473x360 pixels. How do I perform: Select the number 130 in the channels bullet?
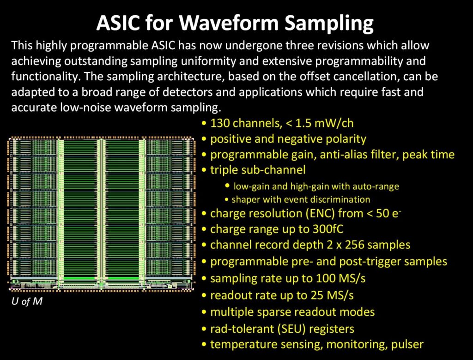219,124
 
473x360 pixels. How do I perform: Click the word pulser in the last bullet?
406,344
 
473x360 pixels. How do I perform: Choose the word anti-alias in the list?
312,154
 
